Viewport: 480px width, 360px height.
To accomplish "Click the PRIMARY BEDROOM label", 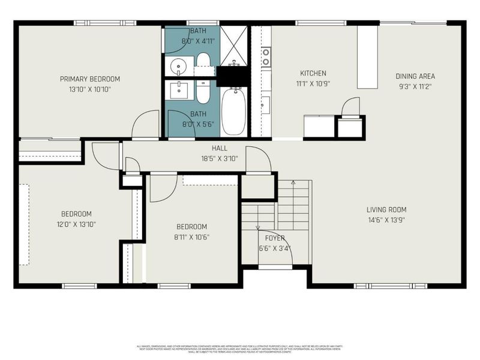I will [90, 79].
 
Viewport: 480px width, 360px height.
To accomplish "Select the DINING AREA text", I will [415, 76].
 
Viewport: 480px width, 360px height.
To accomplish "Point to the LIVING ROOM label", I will [386, 209].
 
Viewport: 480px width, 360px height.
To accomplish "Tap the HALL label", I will [219, 148].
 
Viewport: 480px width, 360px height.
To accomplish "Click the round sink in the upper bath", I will [178, 65].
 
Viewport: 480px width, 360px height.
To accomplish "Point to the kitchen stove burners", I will [265, 56].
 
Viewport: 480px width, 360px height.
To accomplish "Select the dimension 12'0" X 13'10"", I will [76, 224].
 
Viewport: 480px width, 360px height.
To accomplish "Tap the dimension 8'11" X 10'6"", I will [191, 236].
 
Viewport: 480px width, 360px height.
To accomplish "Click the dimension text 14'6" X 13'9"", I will [386, 220].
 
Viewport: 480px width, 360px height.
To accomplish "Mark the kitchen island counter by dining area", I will [367, 57].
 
